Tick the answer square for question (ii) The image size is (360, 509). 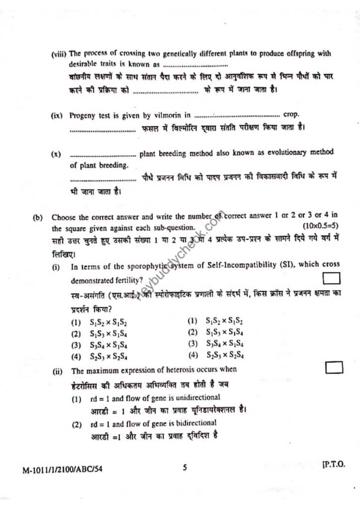point(335,367)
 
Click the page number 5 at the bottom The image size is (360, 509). point(184,467)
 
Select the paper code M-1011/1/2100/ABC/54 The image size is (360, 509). point(64,468)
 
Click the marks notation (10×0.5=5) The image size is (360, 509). point(320,228)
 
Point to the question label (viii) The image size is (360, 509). point(59,54)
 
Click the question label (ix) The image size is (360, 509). point(57,115)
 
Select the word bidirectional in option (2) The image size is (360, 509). point(193,423)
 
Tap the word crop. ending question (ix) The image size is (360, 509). point(291,114)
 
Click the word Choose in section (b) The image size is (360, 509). point(64,217)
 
